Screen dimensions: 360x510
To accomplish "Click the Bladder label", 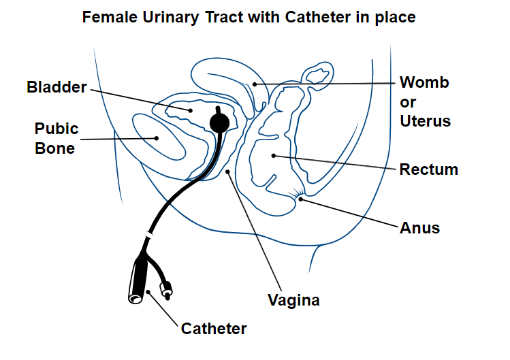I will click(x=57, y=87).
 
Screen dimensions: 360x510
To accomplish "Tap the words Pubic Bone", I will click(x=57, y=138).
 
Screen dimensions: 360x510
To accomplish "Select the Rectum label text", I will click(x=428, y=169).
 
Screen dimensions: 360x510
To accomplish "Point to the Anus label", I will click(x=419, y=227).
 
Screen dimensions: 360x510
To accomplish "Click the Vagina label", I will click(x=293, y=299).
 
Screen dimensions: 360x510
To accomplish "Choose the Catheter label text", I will click(x=214, y=329).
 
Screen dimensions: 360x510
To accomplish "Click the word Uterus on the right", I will click(x=425, y=122).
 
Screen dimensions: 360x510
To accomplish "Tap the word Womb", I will click(x=424, y=83).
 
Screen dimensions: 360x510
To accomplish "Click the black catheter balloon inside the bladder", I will click(x=219, y=122).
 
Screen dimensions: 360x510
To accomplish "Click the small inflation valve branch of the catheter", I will click(x=165, y=290).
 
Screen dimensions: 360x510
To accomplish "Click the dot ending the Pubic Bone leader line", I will click(x=156, y=138).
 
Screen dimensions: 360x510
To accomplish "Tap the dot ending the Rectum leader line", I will click(x=273, y=156).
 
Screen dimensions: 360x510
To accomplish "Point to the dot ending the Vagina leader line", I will click(x=229, y=172).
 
